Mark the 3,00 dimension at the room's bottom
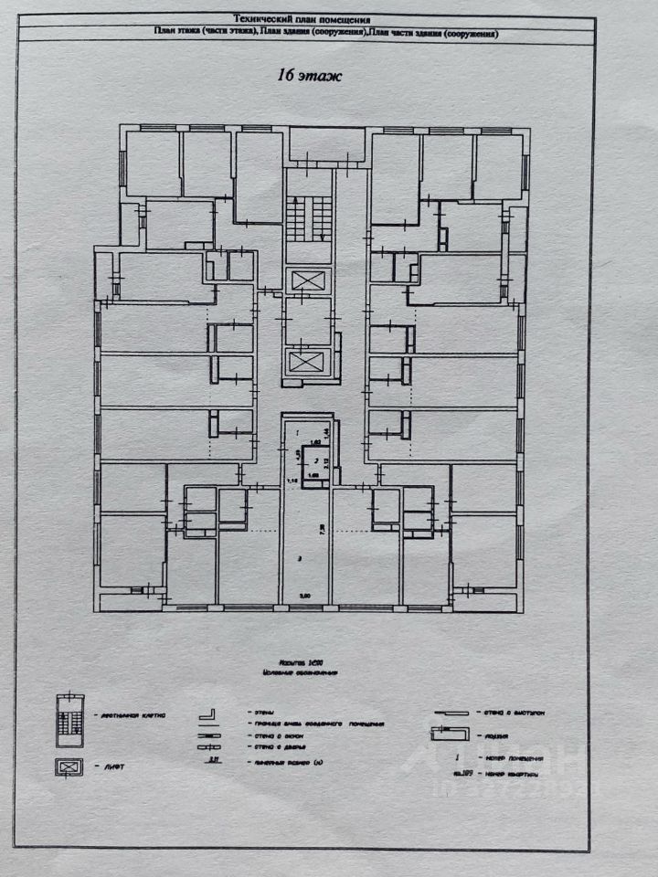305,597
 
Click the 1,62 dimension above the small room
315,442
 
